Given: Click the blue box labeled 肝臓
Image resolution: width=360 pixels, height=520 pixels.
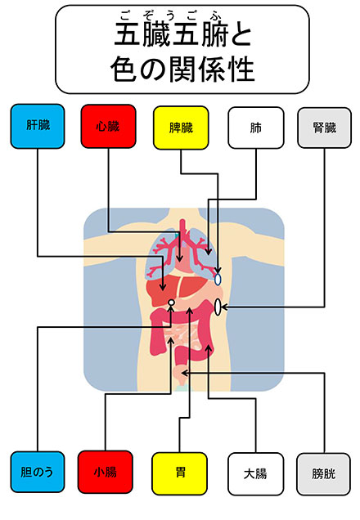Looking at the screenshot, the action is click(38, 126).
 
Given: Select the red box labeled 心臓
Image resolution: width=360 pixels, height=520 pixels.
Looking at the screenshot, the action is click(109, 127).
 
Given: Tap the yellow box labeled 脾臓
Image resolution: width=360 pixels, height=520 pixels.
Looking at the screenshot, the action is click(181, 128).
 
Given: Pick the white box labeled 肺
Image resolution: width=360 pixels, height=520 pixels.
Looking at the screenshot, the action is click(256, 128).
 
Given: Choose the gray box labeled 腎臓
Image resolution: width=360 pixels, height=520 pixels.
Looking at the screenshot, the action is click(324, 128).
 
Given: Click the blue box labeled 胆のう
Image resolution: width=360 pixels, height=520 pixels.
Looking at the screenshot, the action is click(38, 472).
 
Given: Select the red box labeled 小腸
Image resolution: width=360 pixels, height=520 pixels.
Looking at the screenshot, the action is click(106, 472).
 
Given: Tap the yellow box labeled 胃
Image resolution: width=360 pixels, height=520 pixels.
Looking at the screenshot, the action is click(179, 473).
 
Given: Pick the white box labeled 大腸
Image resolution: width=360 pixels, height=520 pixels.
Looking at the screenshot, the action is click(255, 474).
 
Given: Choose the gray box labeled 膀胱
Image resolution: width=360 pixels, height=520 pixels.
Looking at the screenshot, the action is click(323, 474).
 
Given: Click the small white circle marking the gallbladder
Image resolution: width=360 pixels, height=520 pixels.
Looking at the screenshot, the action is click(171, 303).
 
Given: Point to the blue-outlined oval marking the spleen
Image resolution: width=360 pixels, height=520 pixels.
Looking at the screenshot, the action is click(218, 280).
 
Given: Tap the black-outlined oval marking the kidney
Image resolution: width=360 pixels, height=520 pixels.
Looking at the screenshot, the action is click(218, 307).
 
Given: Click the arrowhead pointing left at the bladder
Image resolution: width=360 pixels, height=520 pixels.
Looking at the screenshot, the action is click(185, 373).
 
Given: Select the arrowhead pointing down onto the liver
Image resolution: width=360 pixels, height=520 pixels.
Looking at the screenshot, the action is click(163, 287).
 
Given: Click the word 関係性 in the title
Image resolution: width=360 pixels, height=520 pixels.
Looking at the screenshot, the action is click(212, 69).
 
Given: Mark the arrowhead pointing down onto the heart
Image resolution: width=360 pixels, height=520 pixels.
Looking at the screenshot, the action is click(179, 258).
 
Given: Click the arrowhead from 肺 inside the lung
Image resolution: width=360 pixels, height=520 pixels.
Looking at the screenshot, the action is click(208, 251).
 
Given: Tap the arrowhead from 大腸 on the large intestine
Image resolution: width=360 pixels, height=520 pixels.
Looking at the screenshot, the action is click(209, 348).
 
